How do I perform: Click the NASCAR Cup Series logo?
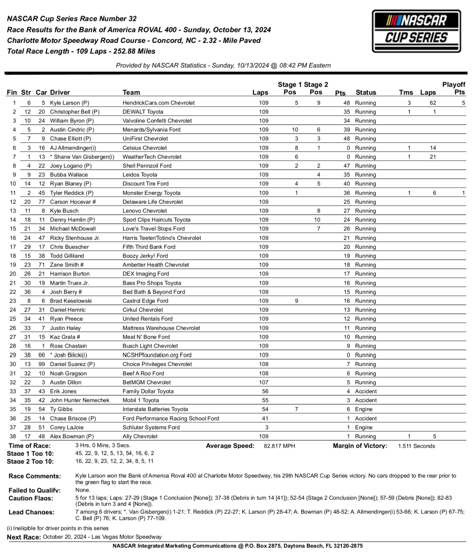coord(416,31)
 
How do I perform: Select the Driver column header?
coord(60,93)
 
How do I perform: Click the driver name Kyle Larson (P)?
coord(69,103)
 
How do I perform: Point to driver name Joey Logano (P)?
coord(71,166)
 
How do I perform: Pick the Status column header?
coord(366,93)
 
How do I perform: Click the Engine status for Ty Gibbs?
coord(364,409)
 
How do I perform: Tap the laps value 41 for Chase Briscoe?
coord(265,418)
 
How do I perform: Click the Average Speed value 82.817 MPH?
coord(279,446)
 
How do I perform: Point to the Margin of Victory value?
coord(416,446)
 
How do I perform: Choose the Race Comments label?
coord(35,476)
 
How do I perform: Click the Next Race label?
coord(24,537)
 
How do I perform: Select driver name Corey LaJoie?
coord(67,427)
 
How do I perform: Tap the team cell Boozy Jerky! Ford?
coord(145,256)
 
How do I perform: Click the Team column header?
coord(131,93)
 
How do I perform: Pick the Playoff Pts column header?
coord(454,88)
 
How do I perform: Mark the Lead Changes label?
coord(31,512)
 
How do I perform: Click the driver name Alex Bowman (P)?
coord(72,436)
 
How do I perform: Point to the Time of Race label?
coord(29,446)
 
